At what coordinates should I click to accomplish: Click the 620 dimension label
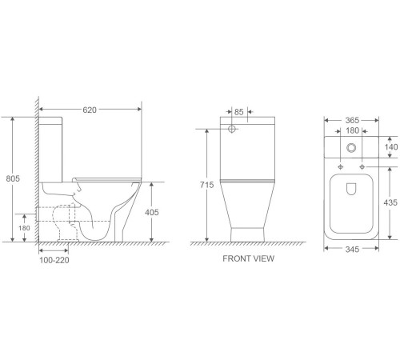pos(90,110)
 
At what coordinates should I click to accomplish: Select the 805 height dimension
pos(13,178)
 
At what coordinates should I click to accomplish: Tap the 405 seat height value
pos(151,212)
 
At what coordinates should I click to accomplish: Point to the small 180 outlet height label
pos(24,228)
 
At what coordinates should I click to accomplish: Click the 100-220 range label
pos(54,260)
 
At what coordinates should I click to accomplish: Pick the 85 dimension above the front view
pos(238,112)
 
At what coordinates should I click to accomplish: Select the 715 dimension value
pos(207,185)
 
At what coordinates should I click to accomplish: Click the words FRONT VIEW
pos(248,258)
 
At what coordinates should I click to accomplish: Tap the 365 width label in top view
pos(352,120)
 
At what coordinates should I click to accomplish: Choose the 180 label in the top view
pos(352,130)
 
